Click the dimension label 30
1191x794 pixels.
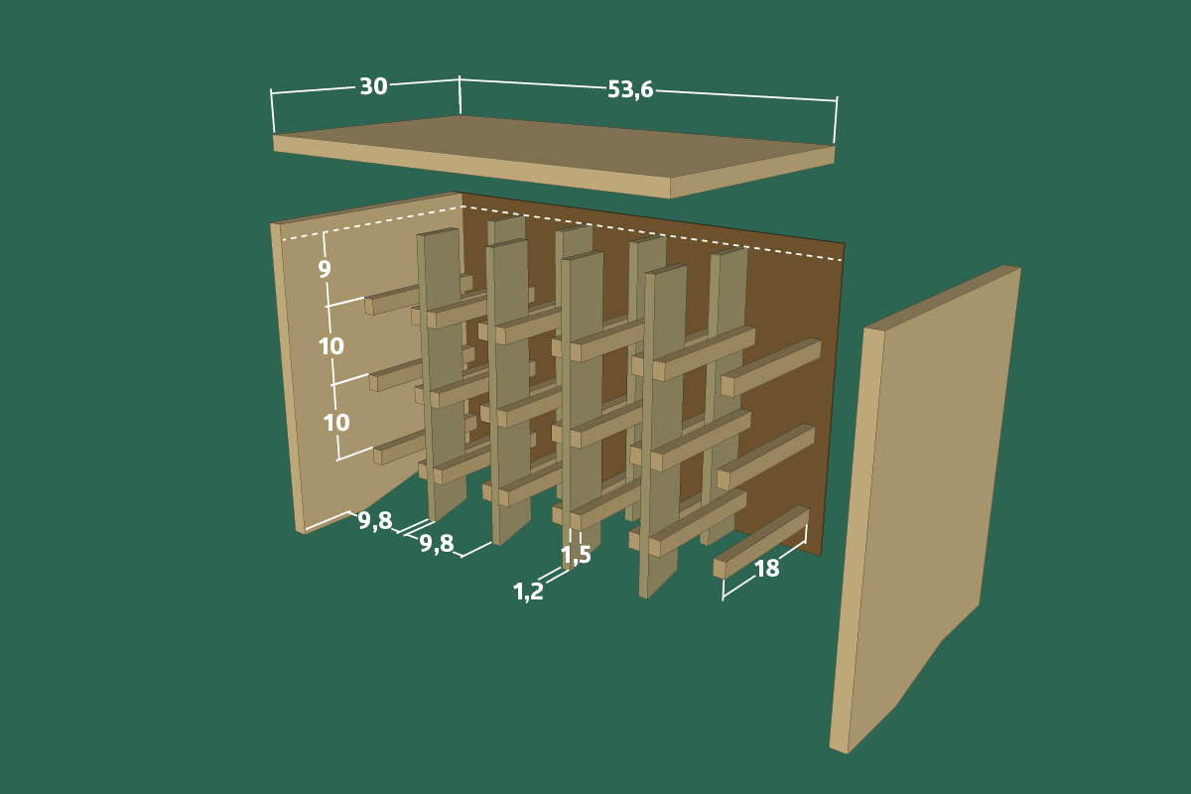coord(374,86)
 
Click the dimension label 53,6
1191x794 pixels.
coord(630,90)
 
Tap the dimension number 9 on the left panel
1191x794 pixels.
coord(325,270)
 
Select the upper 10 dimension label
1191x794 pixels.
coord(331,346)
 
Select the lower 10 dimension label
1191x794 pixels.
coord(336,423)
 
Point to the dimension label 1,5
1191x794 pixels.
coord(576,555)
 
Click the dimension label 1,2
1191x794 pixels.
coord(528,592)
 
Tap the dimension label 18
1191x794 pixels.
coord(766,569)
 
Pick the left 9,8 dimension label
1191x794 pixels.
coord(375,521)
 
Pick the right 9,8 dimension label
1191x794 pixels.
coord(437,544)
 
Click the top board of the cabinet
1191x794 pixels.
coord(553,156)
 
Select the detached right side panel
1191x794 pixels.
coord(926,509)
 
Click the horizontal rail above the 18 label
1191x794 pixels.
coord(761,543)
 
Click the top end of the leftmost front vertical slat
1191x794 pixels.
coord(438,232)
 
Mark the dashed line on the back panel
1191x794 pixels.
coord(653,233)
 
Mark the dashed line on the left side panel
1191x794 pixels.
coord(372,223)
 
